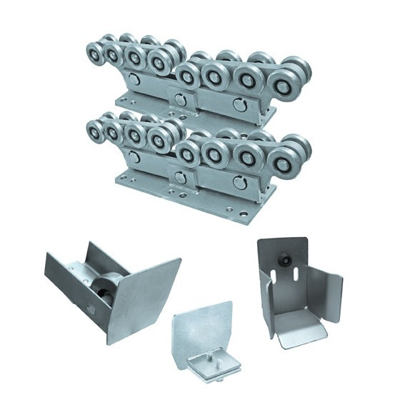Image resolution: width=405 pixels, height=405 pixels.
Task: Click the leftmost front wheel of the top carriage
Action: tap(94, 54)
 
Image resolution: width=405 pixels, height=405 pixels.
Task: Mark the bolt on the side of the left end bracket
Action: tap(91, 309)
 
